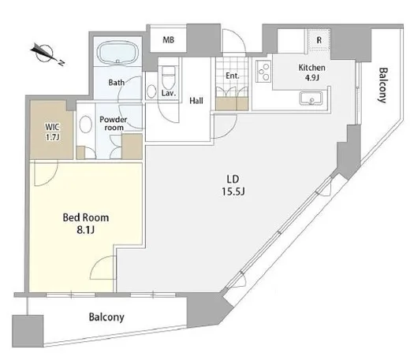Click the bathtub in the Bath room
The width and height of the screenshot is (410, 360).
click(x=117, y=52)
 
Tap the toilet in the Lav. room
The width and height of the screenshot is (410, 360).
click(x=169, y=77)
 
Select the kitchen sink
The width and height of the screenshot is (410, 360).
click(x=311, y=98)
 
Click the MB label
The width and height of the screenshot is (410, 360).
click(x=168, y=40)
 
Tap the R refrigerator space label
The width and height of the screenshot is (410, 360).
click(x=319, y=40)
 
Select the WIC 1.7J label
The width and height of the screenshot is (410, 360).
click(x=52, y=132)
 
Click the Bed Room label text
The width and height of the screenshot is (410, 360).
click(x=86, y=217)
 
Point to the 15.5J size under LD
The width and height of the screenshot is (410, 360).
click(x=233, y=191)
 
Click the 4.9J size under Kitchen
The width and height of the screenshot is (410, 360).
click(x=312, y=78)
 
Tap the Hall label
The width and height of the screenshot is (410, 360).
click(x=196, y=101)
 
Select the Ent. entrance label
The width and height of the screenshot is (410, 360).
click(x=233, y=76)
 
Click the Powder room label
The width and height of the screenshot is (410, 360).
click(x=114, y=124)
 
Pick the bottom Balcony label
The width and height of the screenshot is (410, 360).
click(x=106, y=317)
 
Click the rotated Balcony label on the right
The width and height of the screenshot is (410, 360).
click(x=383, y=85)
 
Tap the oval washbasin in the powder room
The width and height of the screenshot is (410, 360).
click(x=85, y=124)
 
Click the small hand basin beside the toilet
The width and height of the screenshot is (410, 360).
click(x=151, y=91)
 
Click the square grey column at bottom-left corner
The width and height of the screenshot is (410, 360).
click(x=28, y=331)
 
